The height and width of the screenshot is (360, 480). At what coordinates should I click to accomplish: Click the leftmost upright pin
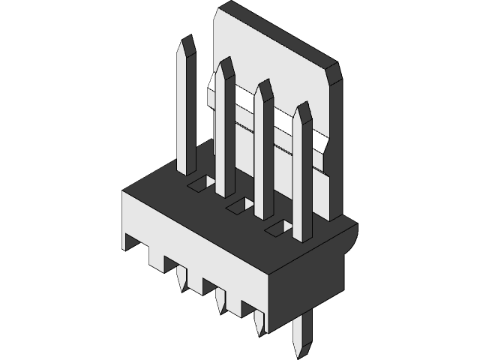tap(187, 112)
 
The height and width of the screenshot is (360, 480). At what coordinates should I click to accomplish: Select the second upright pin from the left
tap(225, 135)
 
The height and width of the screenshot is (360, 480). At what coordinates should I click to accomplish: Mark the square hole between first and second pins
tap(201, 182)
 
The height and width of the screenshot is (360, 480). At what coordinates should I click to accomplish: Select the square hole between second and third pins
tap(240, 203)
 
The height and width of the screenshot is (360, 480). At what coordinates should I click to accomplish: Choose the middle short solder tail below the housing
tap(220, 299)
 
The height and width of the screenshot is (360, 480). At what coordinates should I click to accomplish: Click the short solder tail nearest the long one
tap(259, 321)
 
